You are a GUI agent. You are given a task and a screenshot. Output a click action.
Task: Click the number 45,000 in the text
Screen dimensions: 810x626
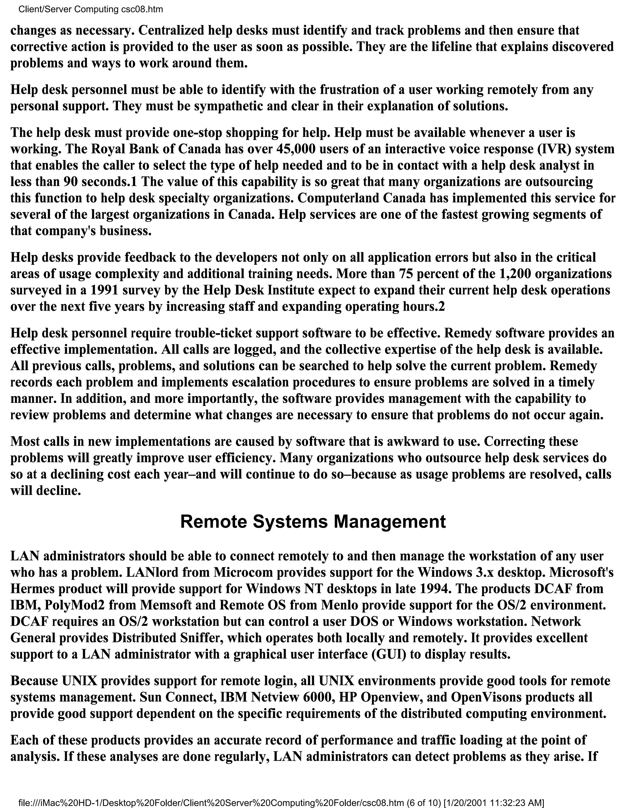(296, 149)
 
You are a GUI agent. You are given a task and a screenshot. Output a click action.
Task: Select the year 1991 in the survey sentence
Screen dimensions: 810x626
(104, 290)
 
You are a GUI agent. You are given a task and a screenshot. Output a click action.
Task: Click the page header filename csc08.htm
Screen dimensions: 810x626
(142, 9)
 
